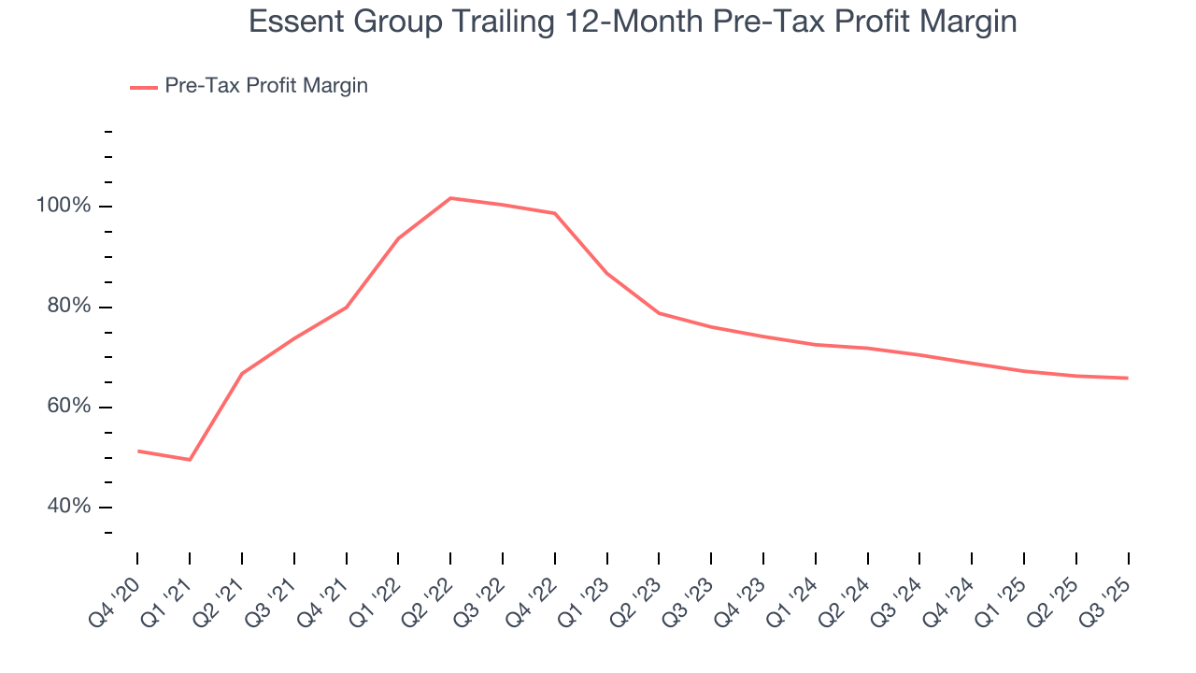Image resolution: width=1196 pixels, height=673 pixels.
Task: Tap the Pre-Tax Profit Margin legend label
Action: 265,86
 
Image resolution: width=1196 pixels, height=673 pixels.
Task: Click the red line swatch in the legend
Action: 143,87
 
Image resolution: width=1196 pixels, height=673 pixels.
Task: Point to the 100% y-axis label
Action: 64,206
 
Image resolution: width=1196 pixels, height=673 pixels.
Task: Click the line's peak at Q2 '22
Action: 450,198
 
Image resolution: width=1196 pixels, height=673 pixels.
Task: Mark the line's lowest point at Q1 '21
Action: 190,460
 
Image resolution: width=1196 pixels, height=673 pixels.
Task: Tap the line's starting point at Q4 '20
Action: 138,451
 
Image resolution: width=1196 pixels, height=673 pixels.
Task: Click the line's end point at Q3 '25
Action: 1128,378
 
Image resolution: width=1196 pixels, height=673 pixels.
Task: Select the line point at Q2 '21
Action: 242,374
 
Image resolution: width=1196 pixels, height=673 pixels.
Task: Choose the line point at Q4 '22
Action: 555,213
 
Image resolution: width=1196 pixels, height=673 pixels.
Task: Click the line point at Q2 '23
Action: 659,313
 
